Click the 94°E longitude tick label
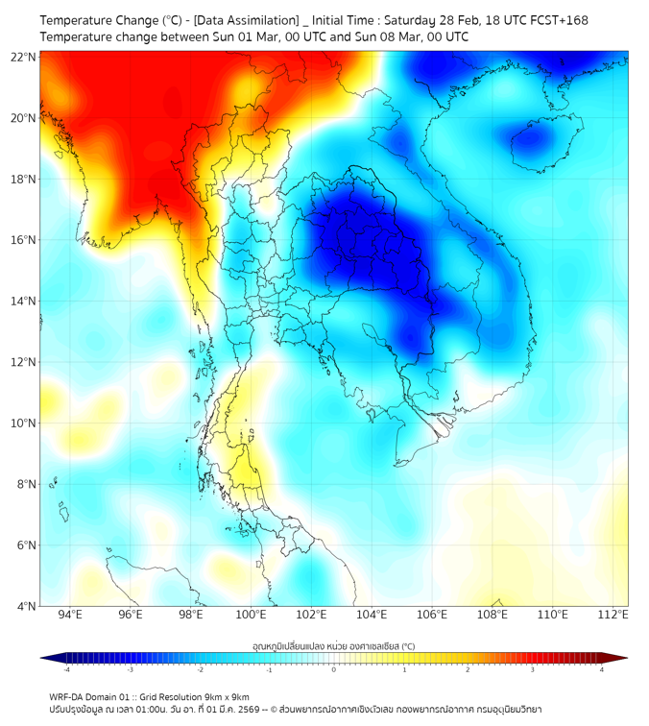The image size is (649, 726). coord(70,615)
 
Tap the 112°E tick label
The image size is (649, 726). coord(613,615)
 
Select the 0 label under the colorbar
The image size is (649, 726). coord(334,669)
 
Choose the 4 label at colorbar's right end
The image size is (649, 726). coord(601,669)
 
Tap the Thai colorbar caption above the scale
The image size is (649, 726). coord(333,646)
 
